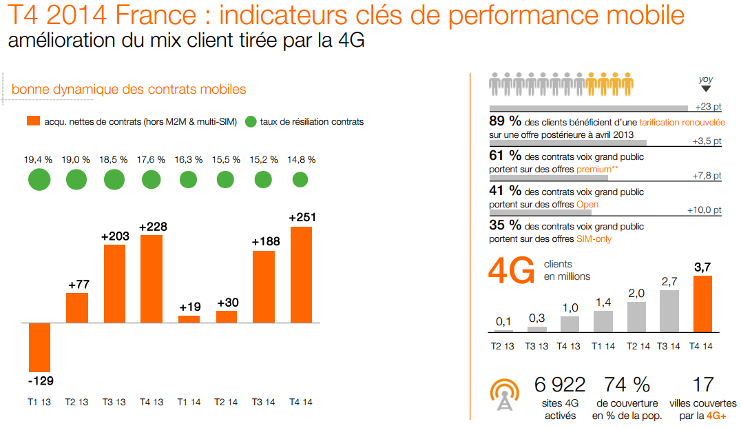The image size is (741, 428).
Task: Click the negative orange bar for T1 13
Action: (x=40, y=347)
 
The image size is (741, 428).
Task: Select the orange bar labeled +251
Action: (x=301, y=274)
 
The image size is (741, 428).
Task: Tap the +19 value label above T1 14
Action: (x=189, y=307)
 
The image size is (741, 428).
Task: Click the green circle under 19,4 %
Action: (x=39, y=180)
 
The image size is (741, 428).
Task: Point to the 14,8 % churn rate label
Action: (x=300, y=159)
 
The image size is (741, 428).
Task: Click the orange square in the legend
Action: (x=32, y=121)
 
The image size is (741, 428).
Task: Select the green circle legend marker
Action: (x=251, y=122)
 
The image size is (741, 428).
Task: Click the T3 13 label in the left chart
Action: (x=114, y=402)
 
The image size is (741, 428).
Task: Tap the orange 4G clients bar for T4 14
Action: (x=702, y=304)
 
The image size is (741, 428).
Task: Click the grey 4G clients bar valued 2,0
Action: (x=636, y=317)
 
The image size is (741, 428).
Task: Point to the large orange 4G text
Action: (x=511, y=270)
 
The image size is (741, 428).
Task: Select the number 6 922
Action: (x=559, y=385)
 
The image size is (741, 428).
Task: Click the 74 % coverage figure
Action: (x=627, y=385)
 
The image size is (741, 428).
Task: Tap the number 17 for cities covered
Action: (x=703, y=385)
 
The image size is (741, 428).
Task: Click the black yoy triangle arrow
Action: (x=706, y=89)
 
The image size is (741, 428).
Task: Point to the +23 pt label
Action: (x=708, y=107)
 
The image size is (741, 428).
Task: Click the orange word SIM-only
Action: (x=594, y=239)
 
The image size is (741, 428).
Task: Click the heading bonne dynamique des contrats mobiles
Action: (x=129, y=90)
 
